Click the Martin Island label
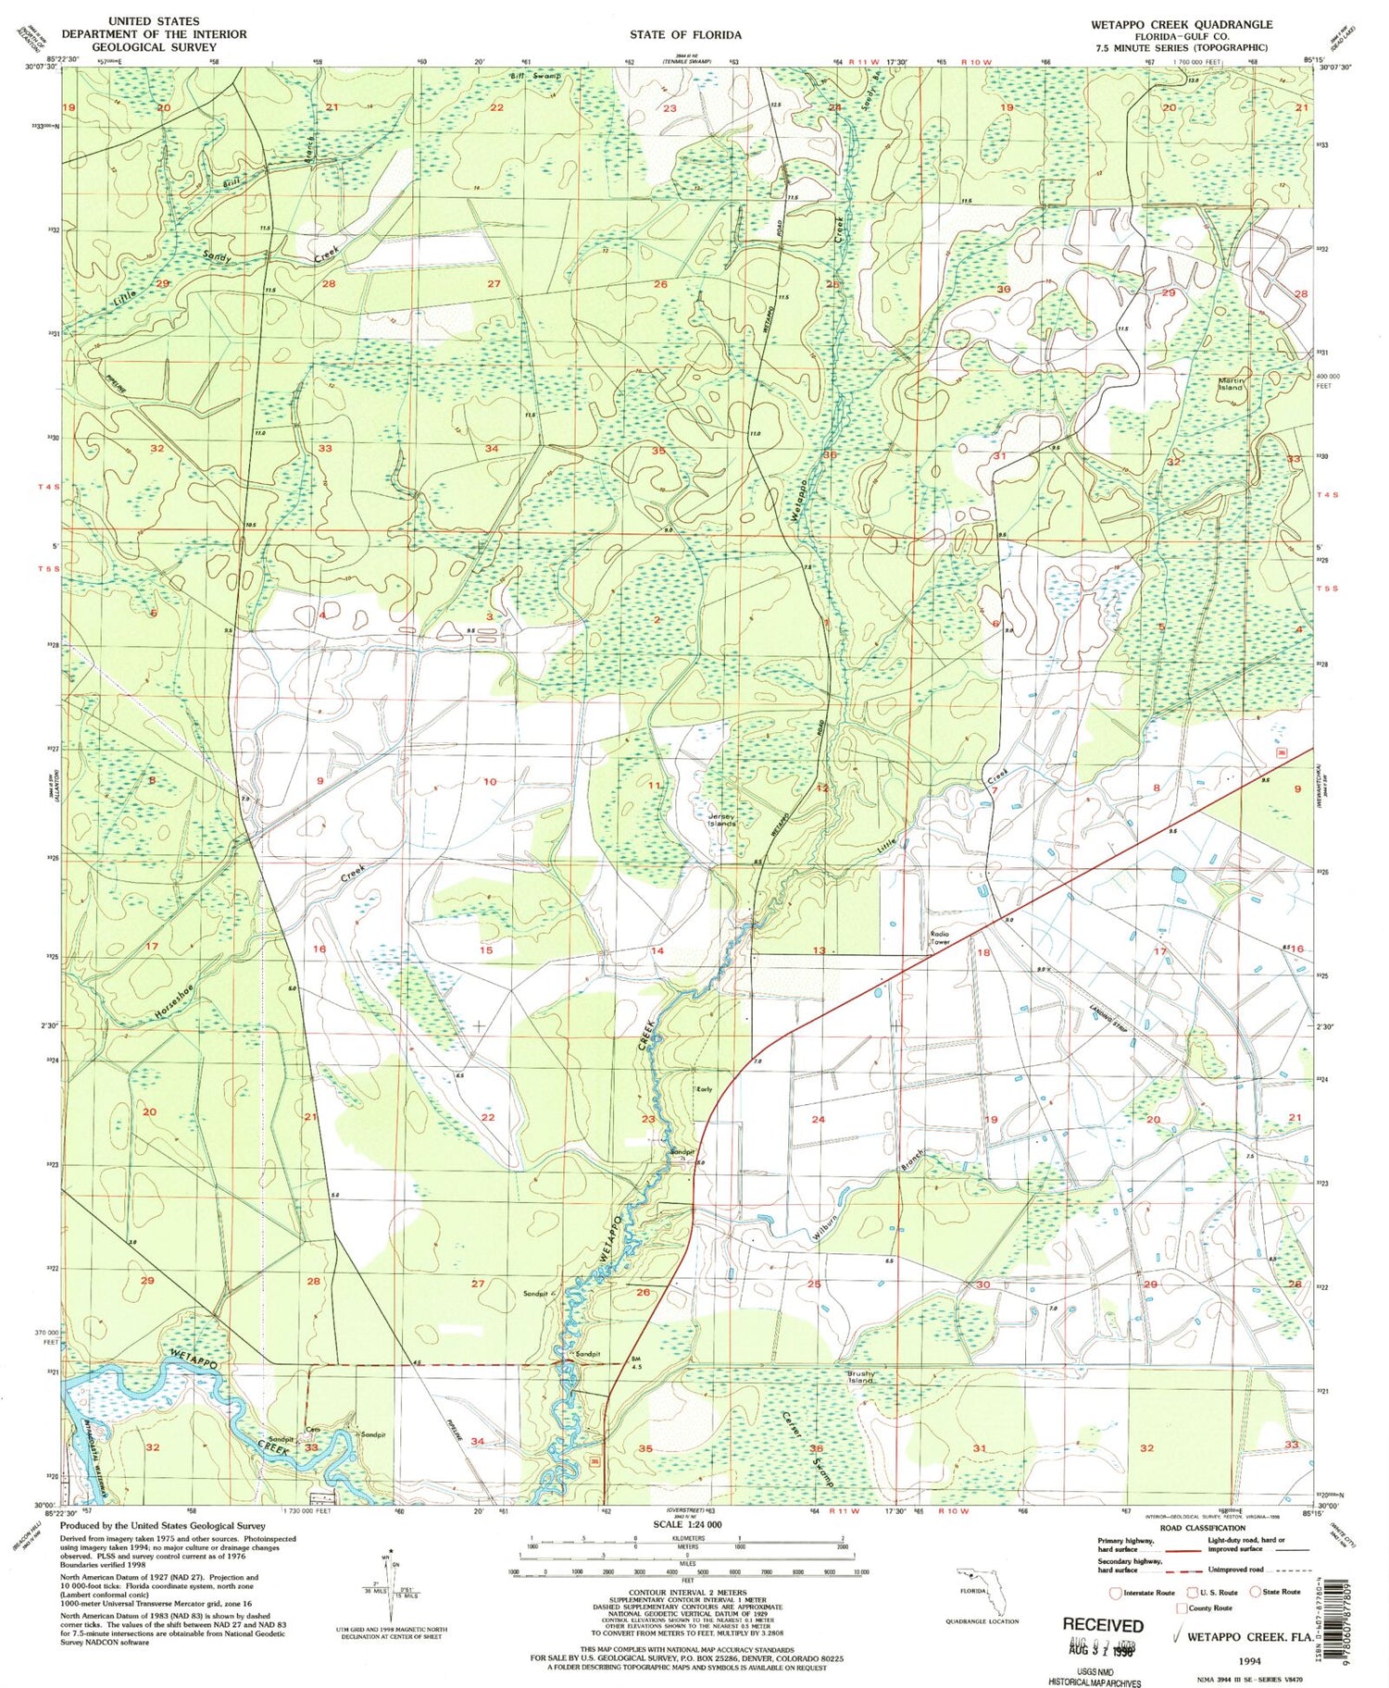[x=1231, y=384]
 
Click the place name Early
[x=704, y=1089]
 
